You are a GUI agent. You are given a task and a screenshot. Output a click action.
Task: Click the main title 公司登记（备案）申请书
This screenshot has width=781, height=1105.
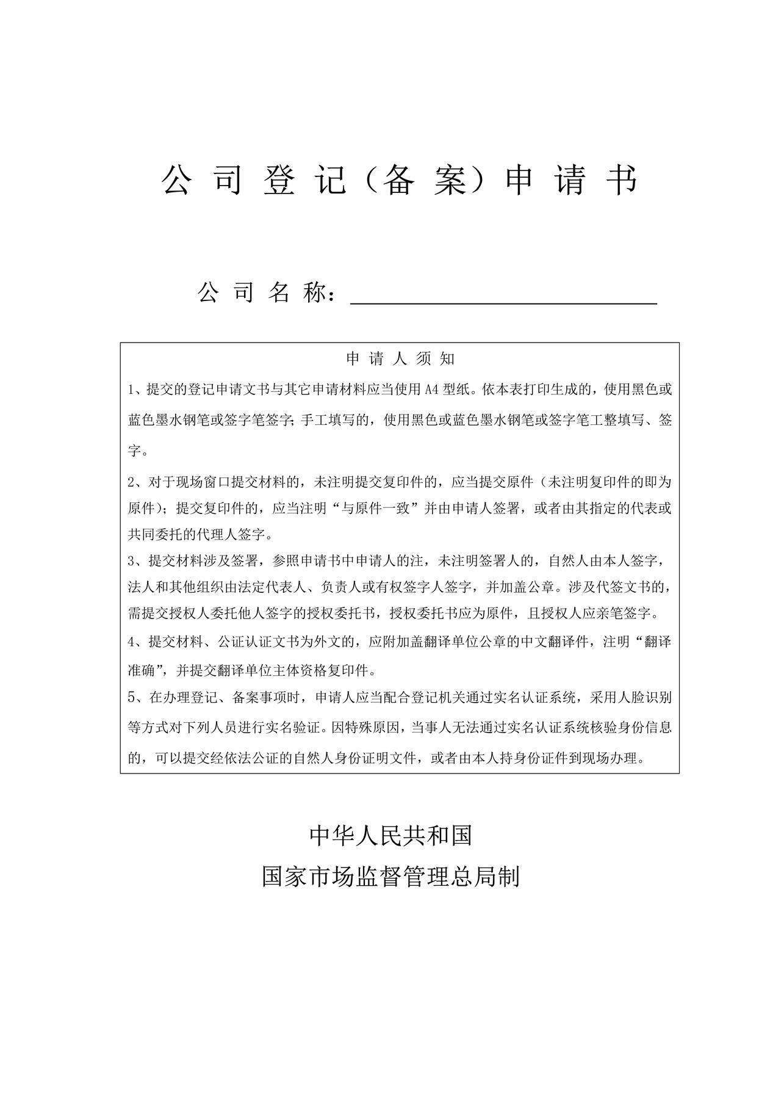400,181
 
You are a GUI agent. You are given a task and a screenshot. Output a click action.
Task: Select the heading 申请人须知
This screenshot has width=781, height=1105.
400,359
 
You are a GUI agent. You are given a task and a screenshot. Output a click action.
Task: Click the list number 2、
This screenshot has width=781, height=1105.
137,482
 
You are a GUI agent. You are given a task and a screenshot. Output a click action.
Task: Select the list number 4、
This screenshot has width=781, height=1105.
137,642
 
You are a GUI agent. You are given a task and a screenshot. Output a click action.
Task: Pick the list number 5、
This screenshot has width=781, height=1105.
137,697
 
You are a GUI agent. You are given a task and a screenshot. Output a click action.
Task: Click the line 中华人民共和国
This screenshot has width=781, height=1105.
391,836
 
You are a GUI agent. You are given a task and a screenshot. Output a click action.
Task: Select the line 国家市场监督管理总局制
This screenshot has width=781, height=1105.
390,877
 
